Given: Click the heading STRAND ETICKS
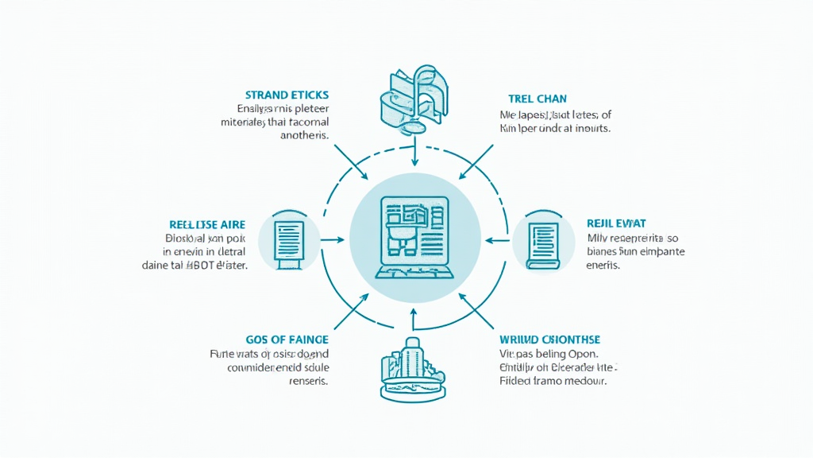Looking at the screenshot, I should [287, 95].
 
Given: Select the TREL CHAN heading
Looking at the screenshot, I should [538, 99].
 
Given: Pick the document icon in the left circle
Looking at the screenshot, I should [289, 239].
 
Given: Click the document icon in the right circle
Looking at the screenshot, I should [543, 239].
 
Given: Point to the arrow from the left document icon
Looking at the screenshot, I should [333, 239].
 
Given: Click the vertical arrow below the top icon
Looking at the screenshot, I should [414, 153].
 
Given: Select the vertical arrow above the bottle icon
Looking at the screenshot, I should [413, 318].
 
